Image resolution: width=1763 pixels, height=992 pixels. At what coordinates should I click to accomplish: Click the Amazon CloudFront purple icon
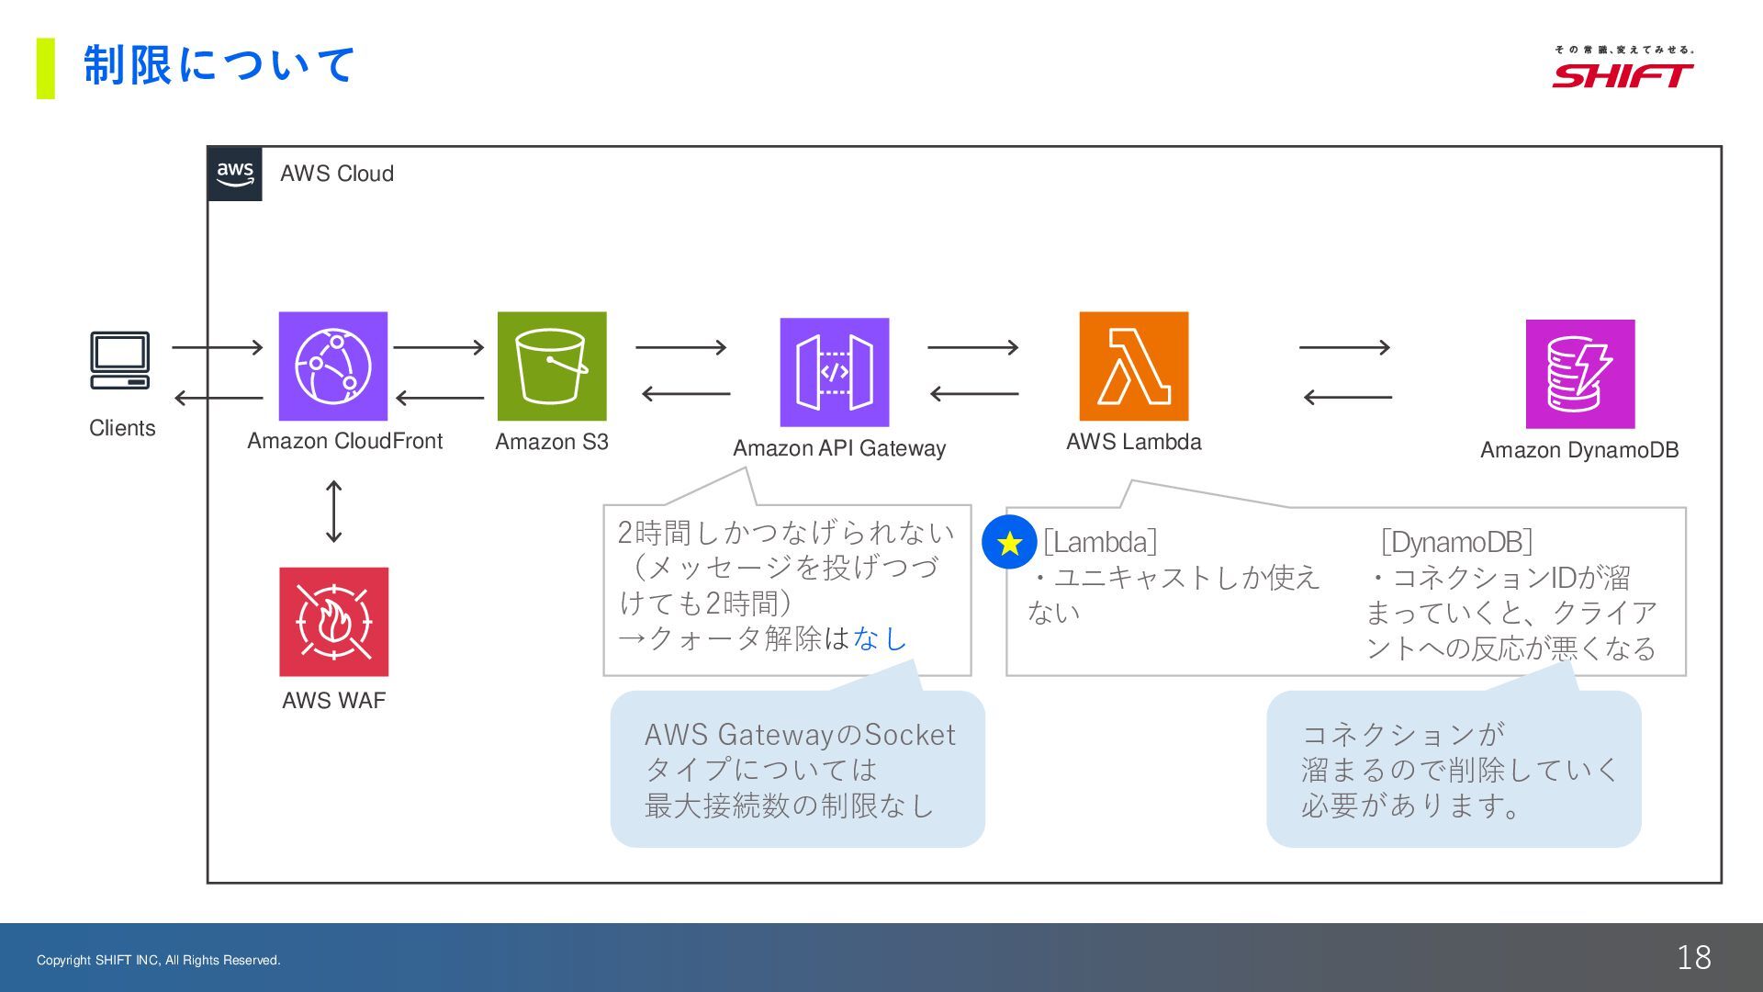(332, 366)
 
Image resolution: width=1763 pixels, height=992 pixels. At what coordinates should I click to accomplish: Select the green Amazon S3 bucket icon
(552, 366)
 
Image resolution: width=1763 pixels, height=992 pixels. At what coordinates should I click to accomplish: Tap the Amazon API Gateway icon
(834, 372)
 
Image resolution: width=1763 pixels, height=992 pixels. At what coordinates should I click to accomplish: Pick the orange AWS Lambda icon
(1133, 366)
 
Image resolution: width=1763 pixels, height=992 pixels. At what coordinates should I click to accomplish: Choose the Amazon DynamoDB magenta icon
(1579, 374)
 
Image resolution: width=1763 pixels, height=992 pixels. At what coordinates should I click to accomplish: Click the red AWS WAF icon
(333, 622)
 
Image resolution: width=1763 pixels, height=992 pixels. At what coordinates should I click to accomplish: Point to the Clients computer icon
(120, 360)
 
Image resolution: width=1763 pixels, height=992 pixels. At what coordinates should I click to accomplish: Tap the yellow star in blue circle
(1009, 543)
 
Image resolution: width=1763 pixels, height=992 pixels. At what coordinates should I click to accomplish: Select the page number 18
(1693, 957)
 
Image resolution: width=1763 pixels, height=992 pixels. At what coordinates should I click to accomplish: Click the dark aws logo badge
(235, 174)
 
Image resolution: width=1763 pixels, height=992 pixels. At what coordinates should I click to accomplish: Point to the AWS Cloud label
(337, 174)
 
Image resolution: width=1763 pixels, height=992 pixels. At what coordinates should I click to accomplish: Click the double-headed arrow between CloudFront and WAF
(334, 512)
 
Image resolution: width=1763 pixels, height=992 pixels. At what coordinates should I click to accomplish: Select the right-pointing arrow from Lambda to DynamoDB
(1344, 347)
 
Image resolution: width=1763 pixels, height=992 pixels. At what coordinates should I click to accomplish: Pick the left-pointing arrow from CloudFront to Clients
(219, 398)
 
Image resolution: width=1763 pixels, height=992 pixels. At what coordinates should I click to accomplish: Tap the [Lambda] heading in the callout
(1100, 542)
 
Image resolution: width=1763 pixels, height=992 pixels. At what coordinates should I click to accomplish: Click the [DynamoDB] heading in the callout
(1456, 542)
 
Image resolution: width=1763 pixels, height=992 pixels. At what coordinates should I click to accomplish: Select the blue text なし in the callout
(880, 638)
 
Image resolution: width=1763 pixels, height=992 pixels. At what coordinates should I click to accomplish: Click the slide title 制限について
(219, 65)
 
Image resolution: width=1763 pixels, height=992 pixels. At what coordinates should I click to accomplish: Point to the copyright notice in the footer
(159, 960)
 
